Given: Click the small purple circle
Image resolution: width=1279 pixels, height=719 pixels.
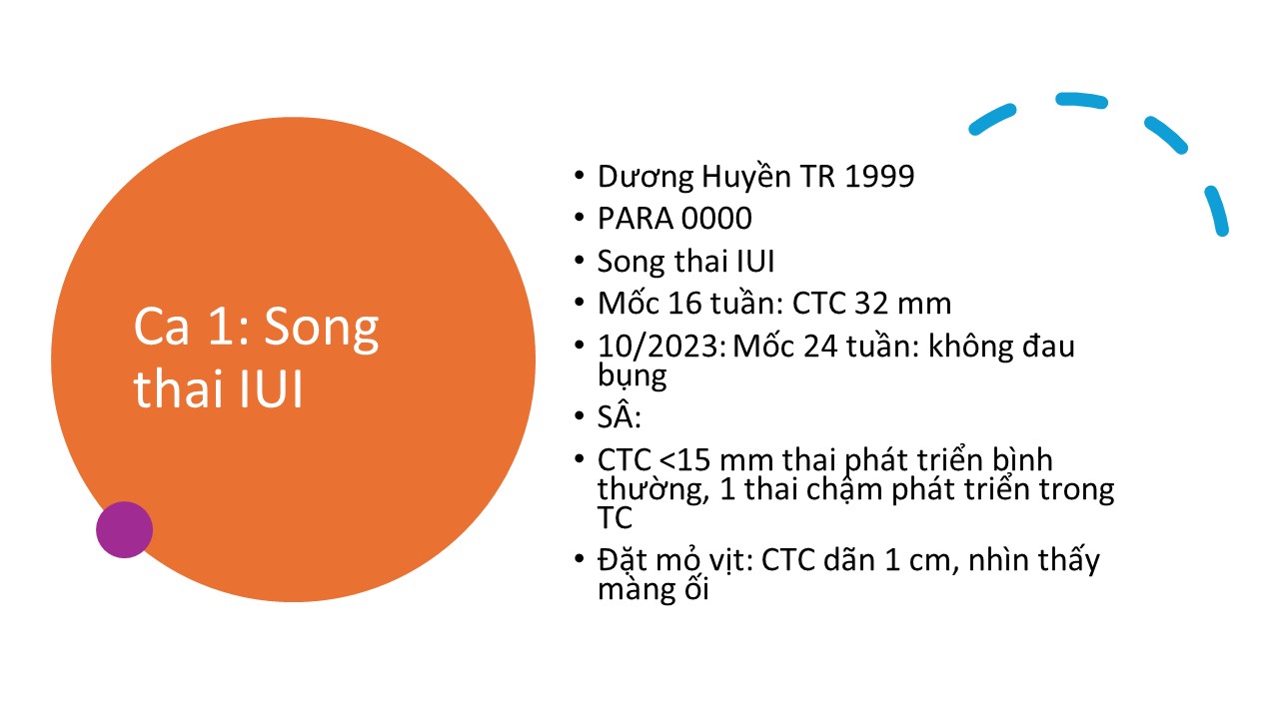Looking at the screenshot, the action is tap(125, 529).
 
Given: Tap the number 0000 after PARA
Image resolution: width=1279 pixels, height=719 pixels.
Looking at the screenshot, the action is tap(716, 219).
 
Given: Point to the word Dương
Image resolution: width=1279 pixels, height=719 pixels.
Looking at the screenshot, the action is tap(644, 177).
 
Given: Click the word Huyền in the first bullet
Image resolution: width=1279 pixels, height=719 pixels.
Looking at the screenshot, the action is tap(745, 176).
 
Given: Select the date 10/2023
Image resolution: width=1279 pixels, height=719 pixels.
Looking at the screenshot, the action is tap(661, 347).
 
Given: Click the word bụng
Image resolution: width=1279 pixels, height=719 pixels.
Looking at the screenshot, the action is tap(633, 376).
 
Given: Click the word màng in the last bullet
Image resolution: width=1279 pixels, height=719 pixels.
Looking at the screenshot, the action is tap(634, 590).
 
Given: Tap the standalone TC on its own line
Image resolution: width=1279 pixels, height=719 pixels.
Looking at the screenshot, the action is tap(615, 518).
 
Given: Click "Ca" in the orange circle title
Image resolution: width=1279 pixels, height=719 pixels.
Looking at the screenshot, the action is tap(161, 327).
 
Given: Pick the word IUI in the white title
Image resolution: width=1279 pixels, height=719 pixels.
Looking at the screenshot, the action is tap(271, 389).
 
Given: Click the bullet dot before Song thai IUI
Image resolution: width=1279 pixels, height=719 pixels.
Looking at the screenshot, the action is tap(580, 261).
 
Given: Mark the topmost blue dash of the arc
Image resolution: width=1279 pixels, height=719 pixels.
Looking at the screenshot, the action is tap(1081, 100).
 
